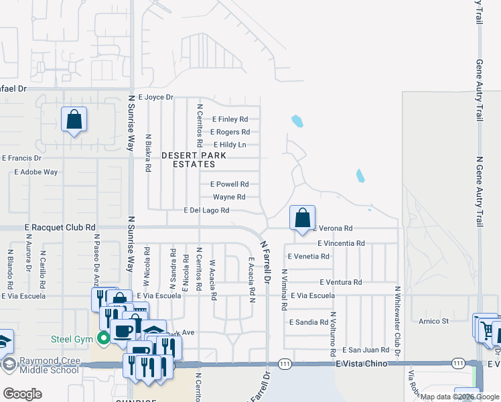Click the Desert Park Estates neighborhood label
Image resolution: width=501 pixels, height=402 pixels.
coord(194,159)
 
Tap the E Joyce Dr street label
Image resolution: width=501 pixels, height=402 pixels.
coord(155,97)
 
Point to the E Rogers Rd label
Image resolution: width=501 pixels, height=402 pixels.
coord(231,132)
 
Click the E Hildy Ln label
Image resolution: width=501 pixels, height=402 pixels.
coord(230,145)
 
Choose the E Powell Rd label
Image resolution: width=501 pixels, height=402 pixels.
coord(230,184)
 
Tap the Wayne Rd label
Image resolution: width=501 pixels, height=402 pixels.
coord(229,197)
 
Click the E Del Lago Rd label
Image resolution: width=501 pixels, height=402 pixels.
coord(207,210)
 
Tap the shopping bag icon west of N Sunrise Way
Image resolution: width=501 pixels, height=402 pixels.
coord(74,120)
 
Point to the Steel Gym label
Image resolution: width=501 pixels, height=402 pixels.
coord(70,339)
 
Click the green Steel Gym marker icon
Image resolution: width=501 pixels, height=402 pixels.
coord(103,339)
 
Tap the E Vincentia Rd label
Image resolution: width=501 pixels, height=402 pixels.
coord(341,243)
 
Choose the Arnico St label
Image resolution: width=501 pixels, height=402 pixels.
coord(435,322)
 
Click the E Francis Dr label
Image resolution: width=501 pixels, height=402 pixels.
coord(21,159)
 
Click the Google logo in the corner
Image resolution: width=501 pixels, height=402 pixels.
coord(22,394)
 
